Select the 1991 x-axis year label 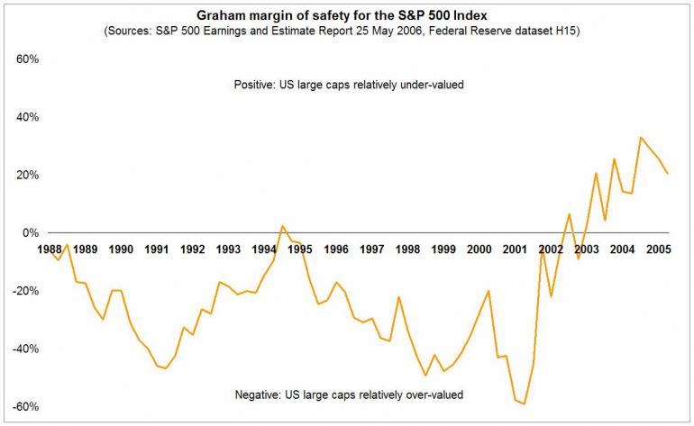pyautogui.click(x=156, y=249)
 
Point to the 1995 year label pyautogui.click(x=300, y=249)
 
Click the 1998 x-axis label pyautogui.click(x=408, y=249)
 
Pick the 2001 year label pyautogui.click(x=515, y=249)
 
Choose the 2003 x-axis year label pyautogui.click(x=587, y=249)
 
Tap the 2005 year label pyautogui.click(x=657, y=249)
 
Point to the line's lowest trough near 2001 pyautogui.click(x=524, y=404)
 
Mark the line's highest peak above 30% pyautogui.click(x=641, y=138)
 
